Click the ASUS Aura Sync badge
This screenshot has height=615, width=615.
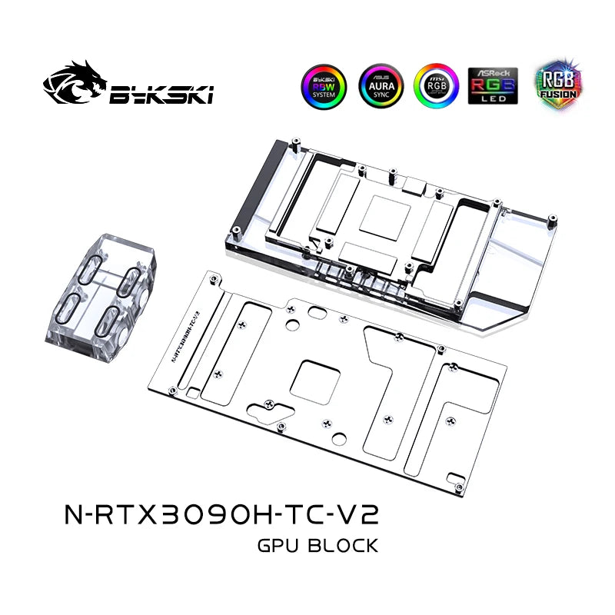pyautogui.click(x=380, y=85)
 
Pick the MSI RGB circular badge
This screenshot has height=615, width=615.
pyautogui.click(x=436, y=85)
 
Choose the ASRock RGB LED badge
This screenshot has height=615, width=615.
pyautogui.click(x=493, y=85)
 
